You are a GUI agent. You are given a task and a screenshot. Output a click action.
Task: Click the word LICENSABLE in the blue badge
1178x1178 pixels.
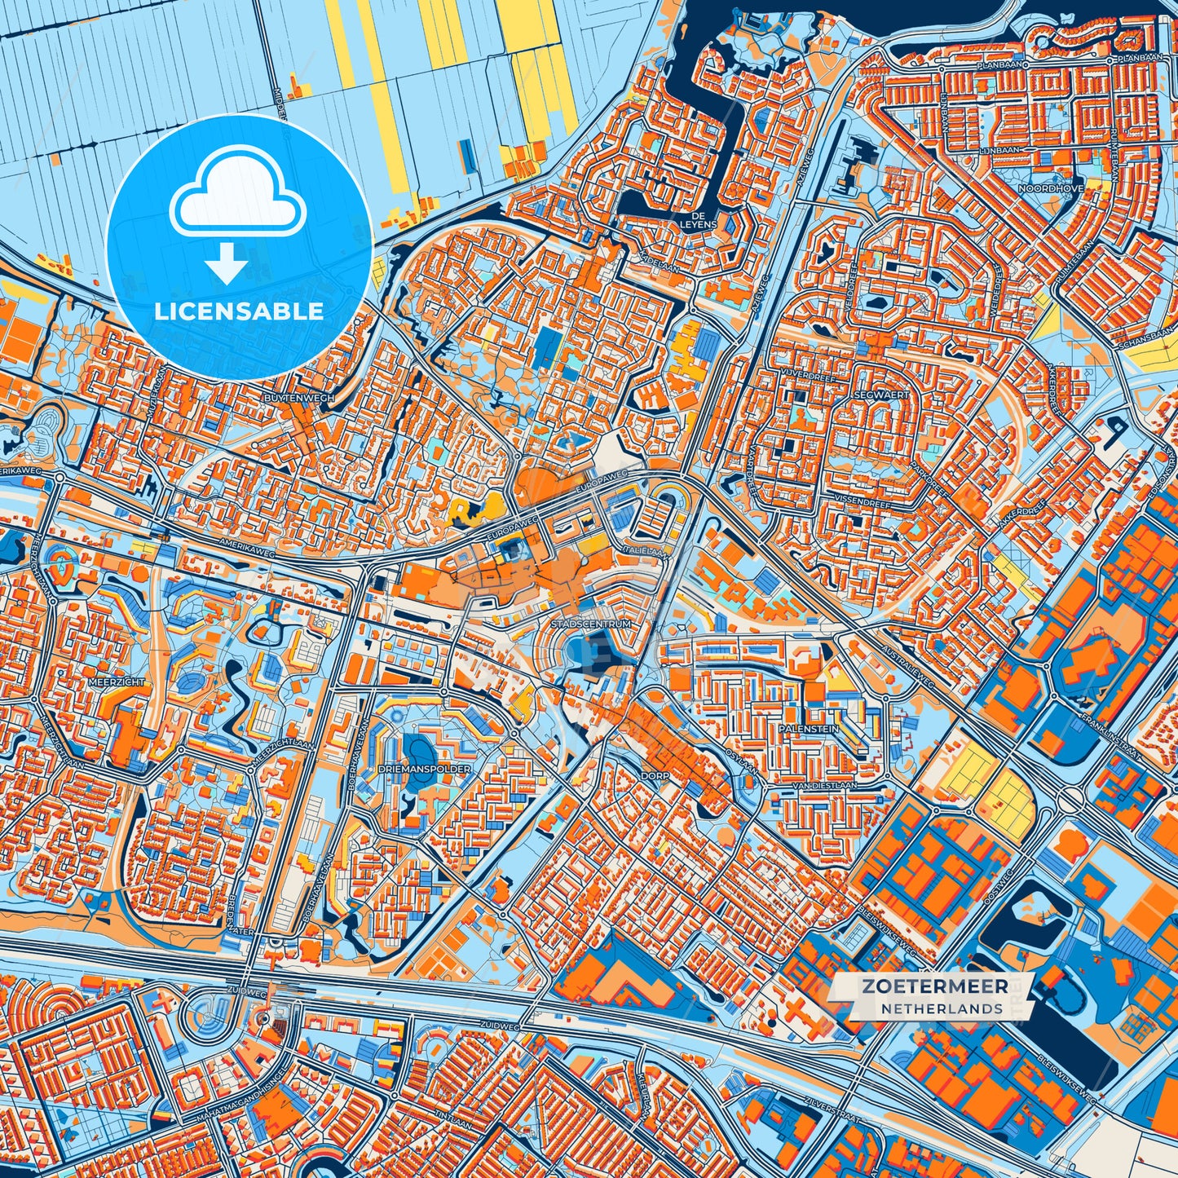pyautogui.click(x=240, y=311)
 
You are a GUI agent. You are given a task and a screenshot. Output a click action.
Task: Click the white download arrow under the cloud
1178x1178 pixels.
pyautogui.click(x=227, y=266)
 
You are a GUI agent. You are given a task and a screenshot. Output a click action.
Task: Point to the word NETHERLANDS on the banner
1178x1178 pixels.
pyautogui.click(x=942, y=1009)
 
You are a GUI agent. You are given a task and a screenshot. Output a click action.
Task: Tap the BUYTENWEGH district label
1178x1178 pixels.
pyautogui.click(x=289, y=398)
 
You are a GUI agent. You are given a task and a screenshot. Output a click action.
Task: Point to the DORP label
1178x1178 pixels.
pyautogui.click(x=655, y=776)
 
